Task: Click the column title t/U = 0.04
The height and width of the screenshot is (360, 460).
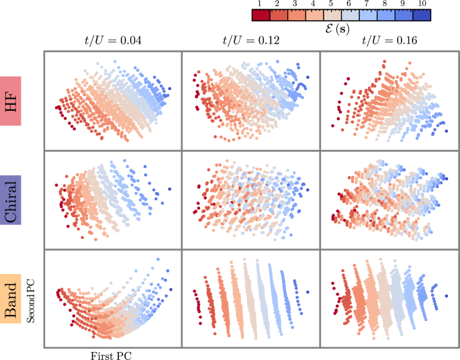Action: tap(112, 40)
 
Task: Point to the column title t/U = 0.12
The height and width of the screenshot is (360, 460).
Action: tap(250, 40)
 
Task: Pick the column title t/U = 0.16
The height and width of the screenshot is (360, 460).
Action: tap(388, 40)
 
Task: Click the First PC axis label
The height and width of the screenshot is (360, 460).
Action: tap(112, 355)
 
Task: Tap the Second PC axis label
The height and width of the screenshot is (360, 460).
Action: tap(31, 299)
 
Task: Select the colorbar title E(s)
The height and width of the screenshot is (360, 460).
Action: tap(341, 30)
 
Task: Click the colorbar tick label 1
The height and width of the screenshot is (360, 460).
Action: tap(260, 4)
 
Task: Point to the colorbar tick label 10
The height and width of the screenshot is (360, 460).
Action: tap(421, 4)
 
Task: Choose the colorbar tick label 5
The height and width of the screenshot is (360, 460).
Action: tap(332, 4)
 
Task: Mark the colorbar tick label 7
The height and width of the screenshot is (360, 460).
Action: tap(368, 4)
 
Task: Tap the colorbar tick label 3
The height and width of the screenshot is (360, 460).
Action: tap(296, 4)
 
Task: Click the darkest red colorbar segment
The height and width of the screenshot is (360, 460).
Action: tap(261, 15)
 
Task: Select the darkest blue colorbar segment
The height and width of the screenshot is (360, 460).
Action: tap(422, 15)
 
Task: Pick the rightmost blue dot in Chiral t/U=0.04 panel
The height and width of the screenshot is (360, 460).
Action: tap(170, 189)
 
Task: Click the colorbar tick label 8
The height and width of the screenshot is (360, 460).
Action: tap(385, 4)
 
